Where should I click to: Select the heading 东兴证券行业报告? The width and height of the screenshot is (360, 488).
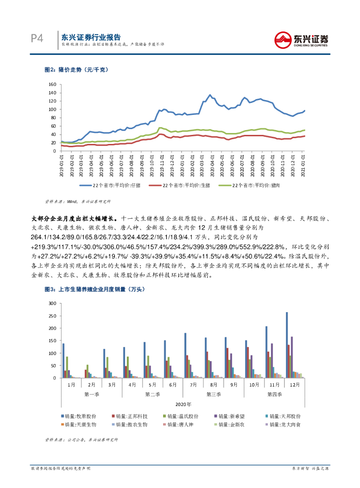[91, 37]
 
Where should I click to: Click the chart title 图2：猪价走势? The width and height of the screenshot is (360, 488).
[77, 70]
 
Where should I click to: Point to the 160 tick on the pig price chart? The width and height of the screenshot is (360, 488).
[52, 84]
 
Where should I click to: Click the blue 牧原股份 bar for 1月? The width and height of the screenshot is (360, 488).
[63, 361]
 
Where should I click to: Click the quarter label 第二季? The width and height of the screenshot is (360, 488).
[153, 395]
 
